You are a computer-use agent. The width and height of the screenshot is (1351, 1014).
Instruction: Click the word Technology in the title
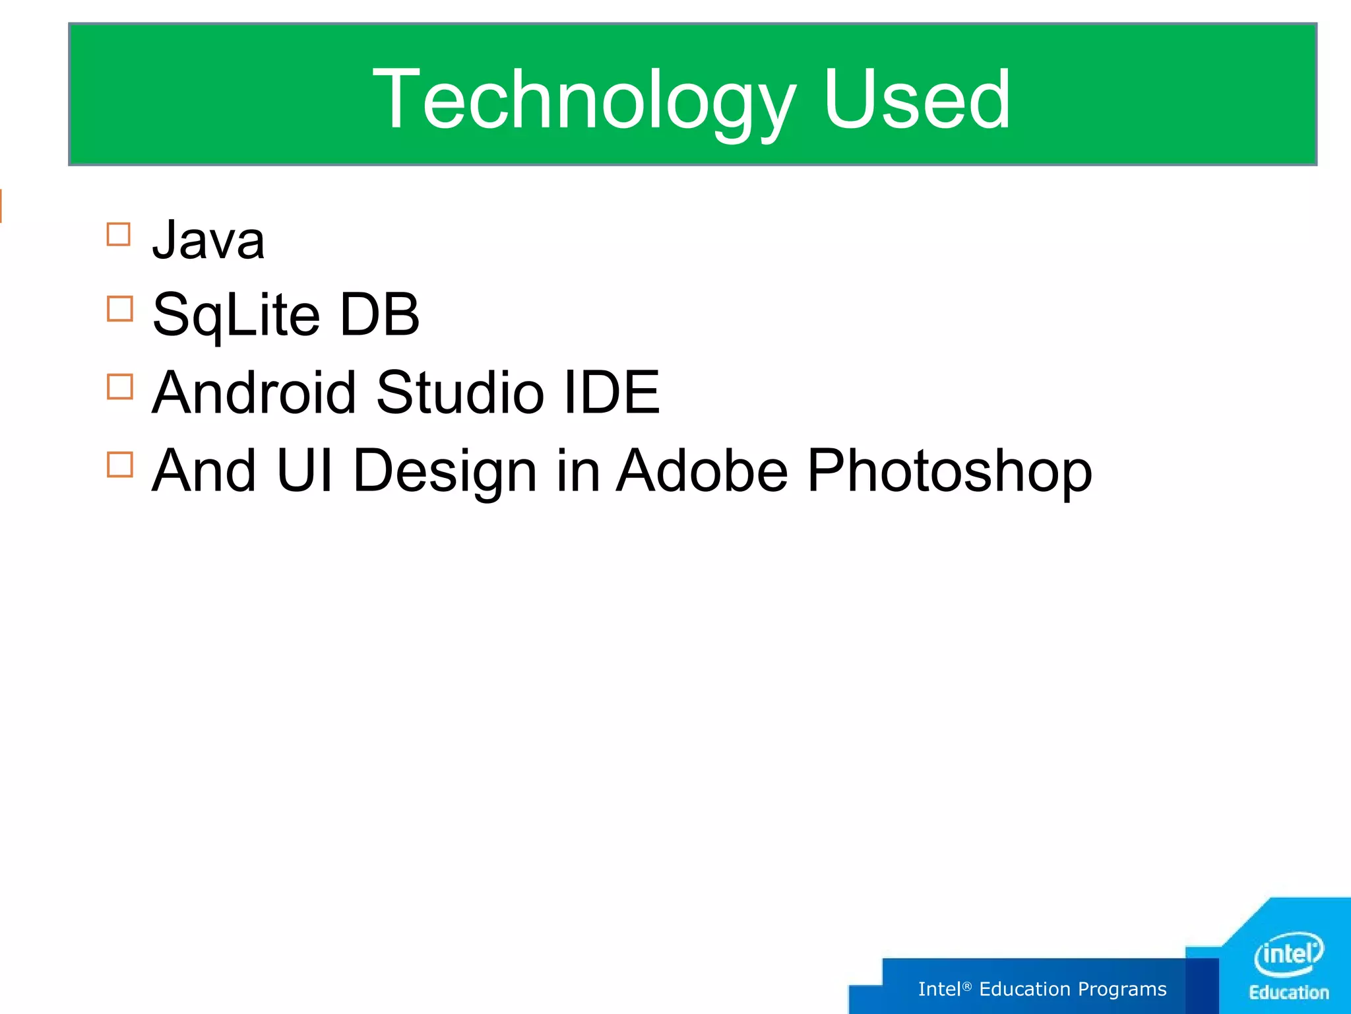pos(583,100)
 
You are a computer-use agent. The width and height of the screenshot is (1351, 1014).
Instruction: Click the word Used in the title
pos(916,100)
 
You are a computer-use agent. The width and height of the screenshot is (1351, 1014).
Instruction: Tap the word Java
pos(208,240)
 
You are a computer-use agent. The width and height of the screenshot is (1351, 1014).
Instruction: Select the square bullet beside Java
pos(119,234)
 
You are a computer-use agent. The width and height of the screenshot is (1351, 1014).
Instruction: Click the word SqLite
pos(236,316)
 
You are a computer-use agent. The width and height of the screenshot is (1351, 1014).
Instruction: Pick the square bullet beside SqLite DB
pos(119,308)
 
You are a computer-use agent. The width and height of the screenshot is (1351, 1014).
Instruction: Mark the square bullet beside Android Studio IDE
pos(119,387)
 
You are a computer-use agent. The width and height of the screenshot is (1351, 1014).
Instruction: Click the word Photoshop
pos(949,471)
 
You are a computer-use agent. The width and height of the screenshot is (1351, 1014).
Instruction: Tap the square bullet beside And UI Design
pos(119,464)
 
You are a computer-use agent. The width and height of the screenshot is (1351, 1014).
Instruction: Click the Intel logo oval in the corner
pos(1288,953)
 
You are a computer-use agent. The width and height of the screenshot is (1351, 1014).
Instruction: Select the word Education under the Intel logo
pos(1289,993)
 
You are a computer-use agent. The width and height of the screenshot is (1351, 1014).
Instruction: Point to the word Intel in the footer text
pos(939,989)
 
